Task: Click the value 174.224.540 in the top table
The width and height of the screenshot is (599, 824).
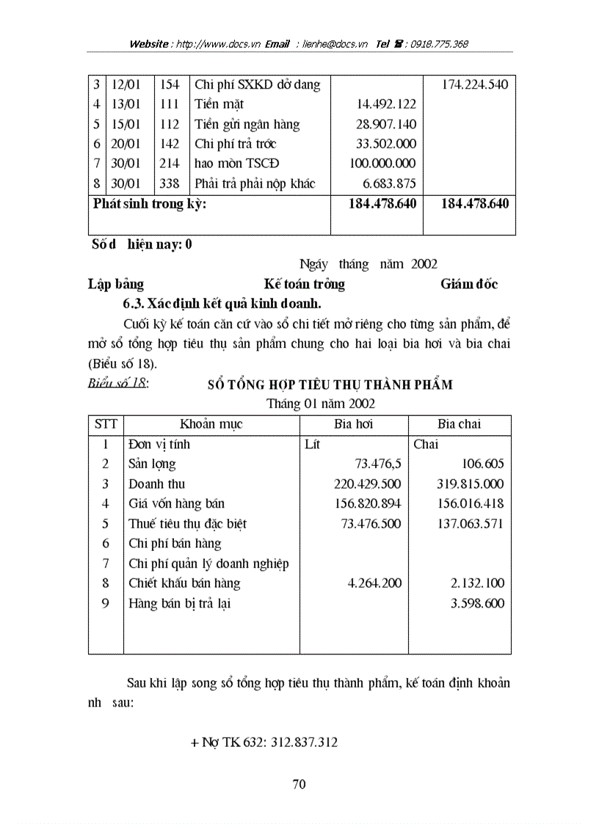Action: [x=474, y=84]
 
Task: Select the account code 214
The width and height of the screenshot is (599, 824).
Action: [x=170, y=164]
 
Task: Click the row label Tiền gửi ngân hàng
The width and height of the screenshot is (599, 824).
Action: [x=247, y=124]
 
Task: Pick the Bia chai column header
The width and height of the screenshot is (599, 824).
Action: [x=460, y=424]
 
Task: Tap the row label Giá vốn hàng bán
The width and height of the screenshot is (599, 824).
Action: [x=176, y=504]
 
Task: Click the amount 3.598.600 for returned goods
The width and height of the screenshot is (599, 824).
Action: [x=475, y=604]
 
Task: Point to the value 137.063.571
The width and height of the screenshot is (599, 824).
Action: [x=470, y=524]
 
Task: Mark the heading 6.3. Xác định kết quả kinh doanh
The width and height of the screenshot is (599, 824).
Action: [x=222, y=303]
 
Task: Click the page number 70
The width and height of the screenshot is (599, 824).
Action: [x=299, y=784]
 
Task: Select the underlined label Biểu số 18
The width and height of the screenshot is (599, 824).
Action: [x=117, y=382]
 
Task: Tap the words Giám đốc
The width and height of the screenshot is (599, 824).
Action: [x=469, y=284]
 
